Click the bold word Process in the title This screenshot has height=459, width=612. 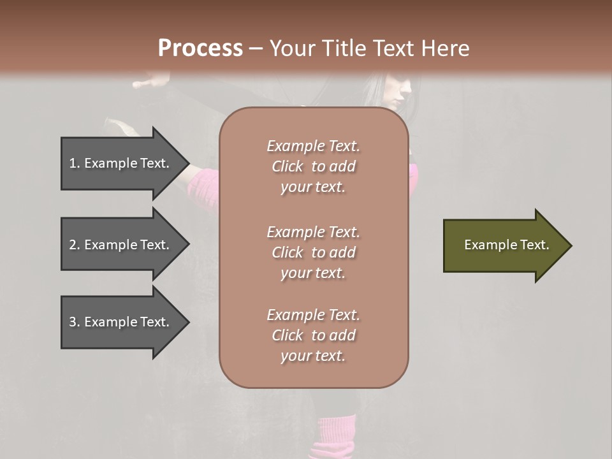pyautogui.click(x=200, y=48)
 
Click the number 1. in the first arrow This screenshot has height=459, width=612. pyautogui.click(x=75, y=163)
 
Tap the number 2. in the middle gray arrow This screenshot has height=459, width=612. pyautogui.click(x=75, y=245)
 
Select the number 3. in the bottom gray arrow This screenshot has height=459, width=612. pyautogui.click(x=75, y=322)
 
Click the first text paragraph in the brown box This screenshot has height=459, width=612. pyautogui.click(x=313, y=166)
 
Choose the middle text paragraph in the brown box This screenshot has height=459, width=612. pyautogui.click(x=313, y=252)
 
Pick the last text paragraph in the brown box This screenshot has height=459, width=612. pyautogui.click(x=313, y=335)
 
